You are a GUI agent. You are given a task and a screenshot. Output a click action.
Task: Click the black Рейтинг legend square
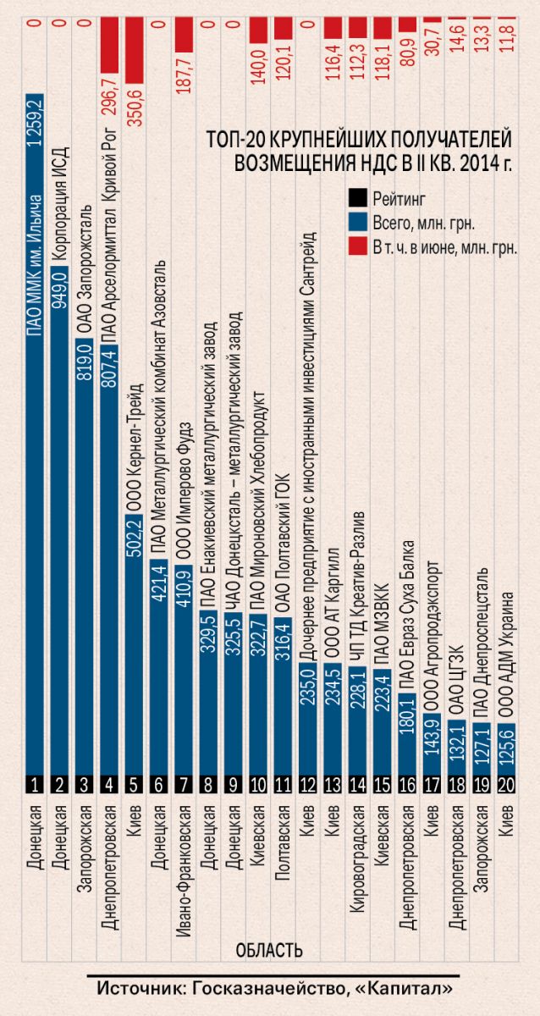(356, 200)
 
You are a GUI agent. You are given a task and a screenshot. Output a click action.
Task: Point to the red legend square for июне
(356, 247)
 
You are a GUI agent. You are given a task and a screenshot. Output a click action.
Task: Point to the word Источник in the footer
(137, 988)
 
